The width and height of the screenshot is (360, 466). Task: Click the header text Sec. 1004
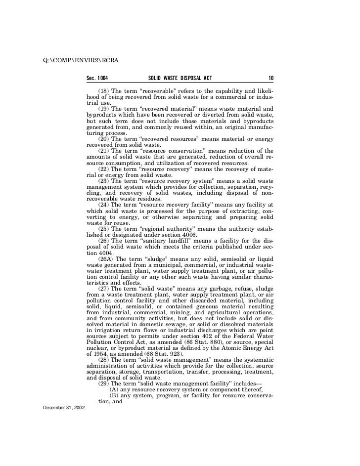97,78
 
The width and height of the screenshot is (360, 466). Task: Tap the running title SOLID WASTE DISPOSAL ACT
180,78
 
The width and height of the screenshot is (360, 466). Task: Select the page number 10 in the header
271,78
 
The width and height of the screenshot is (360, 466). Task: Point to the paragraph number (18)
104,91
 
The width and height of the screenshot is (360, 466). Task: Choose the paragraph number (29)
104,382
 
